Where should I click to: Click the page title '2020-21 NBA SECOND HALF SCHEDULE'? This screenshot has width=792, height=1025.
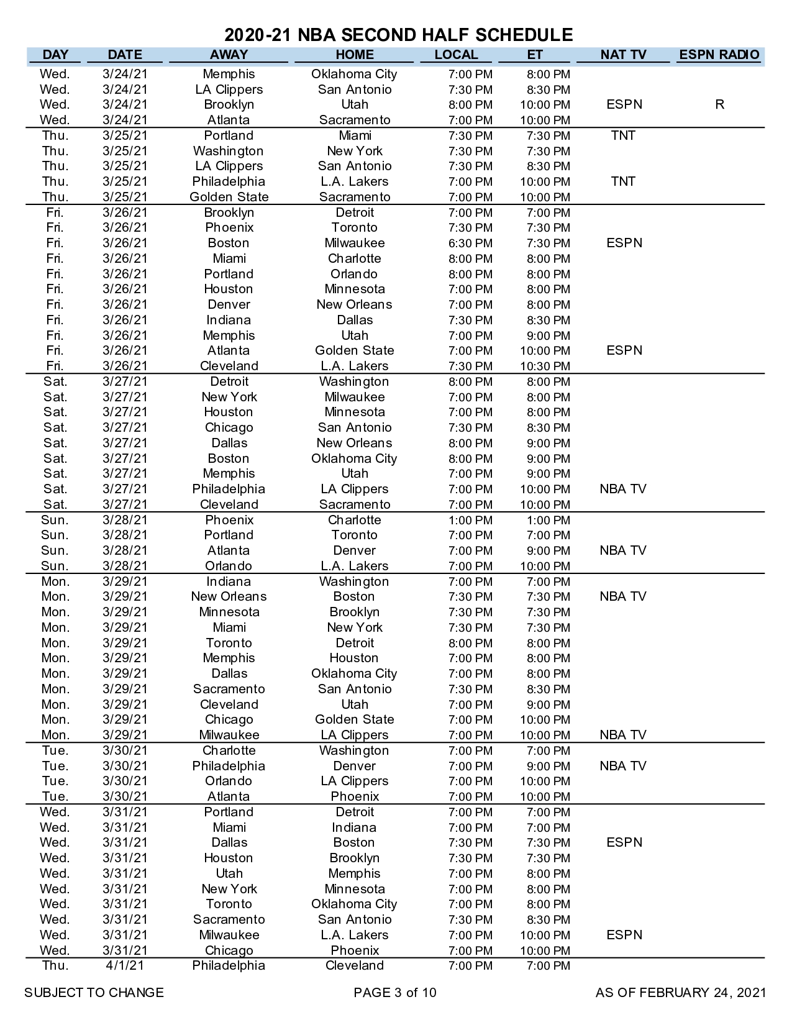(398, 34)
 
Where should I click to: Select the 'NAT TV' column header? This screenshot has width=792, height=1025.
(623, 55)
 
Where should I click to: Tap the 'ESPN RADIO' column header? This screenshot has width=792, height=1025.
(719, 55)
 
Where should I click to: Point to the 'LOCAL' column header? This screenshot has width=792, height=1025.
(456, 55)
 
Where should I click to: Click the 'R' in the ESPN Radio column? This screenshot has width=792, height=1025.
(719, 104)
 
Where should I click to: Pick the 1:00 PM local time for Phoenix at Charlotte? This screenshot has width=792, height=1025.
(470, 520)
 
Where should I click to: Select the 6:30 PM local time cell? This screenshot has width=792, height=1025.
(470, 243)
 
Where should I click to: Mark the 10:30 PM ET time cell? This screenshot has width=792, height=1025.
(545, 366)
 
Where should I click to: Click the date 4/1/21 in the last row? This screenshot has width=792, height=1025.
(125, 965)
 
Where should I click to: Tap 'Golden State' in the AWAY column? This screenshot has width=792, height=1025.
(229, 197)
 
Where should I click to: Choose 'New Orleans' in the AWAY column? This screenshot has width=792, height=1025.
(229, 596)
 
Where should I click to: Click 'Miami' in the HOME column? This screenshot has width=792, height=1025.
(355, 135)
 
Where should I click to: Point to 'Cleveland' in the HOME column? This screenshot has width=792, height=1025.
(355, 965)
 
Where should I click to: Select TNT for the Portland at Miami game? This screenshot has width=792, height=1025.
(623, 135)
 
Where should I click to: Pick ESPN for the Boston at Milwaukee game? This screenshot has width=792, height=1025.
(624, 243)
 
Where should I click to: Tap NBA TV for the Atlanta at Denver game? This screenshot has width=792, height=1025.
(623, 550)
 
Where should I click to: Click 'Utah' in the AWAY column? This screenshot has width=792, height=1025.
(229, 873)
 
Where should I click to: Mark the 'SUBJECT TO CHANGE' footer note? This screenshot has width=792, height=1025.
(94, 993)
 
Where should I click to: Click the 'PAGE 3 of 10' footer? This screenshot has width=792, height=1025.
(395, 993)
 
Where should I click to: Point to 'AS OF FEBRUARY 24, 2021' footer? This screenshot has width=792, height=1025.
(680, 993)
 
